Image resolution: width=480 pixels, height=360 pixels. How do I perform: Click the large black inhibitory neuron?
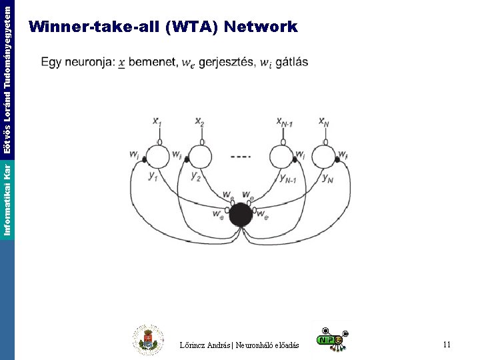241,215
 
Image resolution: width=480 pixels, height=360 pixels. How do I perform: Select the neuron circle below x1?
159,157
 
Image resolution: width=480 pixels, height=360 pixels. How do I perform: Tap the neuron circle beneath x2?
201,157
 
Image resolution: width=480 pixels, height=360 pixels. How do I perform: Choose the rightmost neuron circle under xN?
325,157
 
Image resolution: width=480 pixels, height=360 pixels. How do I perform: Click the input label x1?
157,121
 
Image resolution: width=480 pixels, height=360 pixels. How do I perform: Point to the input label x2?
199,121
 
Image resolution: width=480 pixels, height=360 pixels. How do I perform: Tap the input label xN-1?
285,121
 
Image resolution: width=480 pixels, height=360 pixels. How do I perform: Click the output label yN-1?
289,177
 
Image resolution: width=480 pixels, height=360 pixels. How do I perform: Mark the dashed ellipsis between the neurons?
241,157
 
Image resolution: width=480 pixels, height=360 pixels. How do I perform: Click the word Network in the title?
261,27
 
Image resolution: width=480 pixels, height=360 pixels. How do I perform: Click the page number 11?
447,345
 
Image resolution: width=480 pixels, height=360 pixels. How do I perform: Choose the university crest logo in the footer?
147,340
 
